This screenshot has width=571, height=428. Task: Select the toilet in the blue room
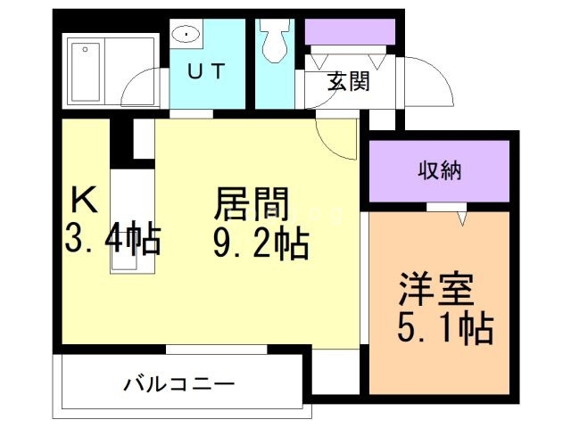tap(272, 39)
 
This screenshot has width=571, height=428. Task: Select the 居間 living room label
tap(252, 205)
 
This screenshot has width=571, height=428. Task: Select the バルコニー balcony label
tap(178, 385)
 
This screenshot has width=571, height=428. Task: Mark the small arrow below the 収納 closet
tap(462, 216)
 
